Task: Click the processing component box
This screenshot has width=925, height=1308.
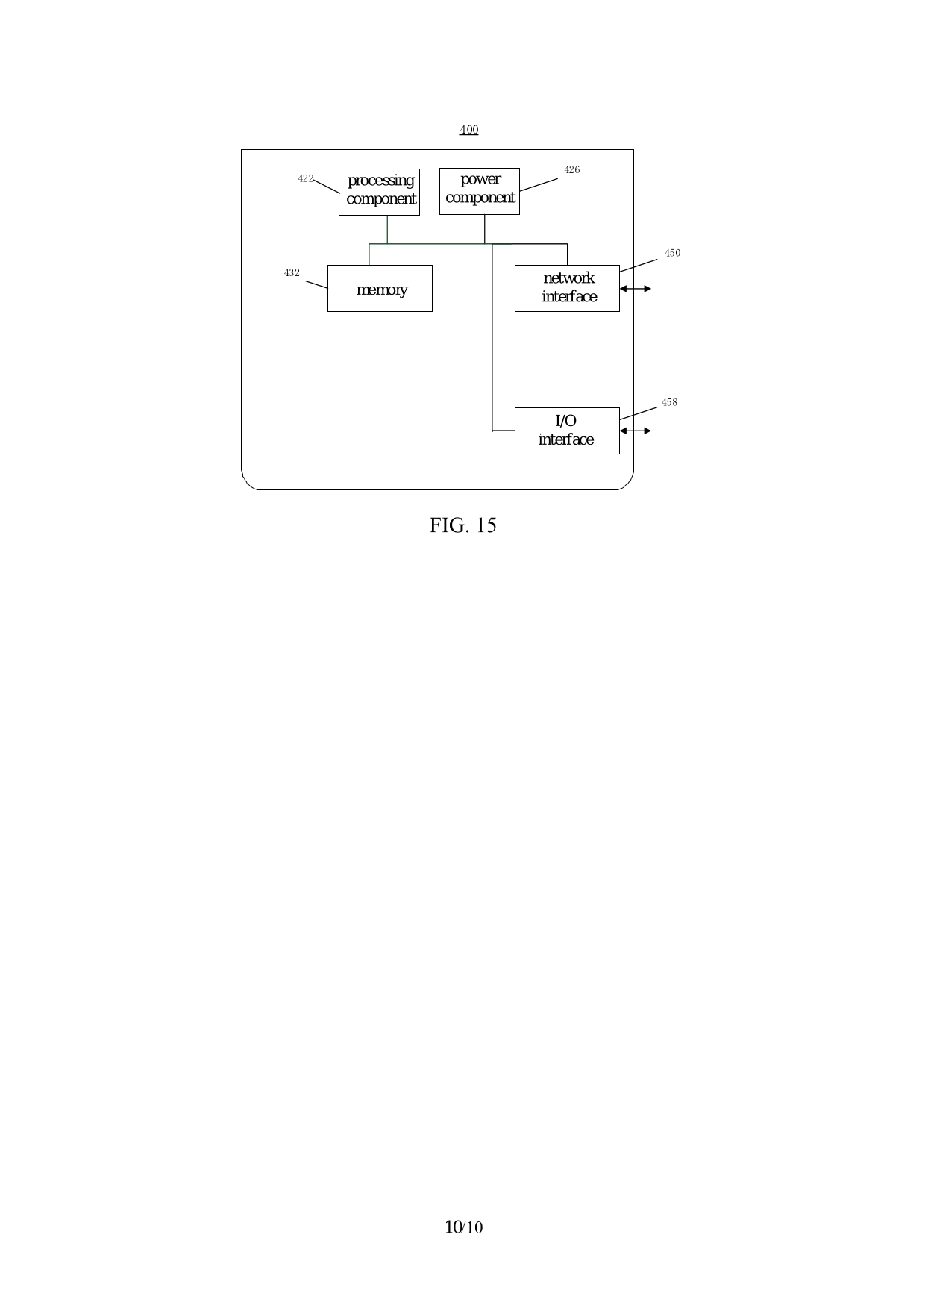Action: coord(379,192)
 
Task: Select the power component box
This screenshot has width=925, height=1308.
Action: coord(480,191)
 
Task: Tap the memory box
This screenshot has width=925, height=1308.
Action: coord(380,288)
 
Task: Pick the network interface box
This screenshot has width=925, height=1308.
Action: coord(567,288)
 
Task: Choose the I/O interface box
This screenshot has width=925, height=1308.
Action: coord(567,431)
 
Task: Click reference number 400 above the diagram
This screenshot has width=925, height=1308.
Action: coord(468,130)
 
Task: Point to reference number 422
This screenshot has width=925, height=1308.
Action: coord(305,178)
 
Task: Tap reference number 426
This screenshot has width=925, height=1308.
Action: coord(571,170)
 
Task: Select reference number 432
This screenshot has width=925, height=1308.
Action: coord(292,273)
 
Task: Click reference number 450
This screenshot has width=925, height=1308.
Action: coord(672,253)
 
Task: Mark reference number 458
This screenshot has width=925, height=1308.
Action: coord(669,403)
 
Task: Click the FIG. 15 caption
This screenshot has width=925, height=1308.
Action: coord(462,525)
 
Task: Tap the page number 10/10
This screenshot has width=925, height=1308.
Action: coord(463,1227)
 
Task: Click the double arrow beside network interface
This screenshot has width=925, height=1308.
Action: coord(635,289)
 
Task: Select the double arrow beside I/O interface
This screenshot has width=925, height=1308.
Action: coord(635,431)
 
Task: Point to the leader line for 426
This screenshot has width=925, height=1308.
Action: coord(539,184)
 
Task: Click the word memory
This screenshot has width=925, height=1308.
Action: coord(381,290)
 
